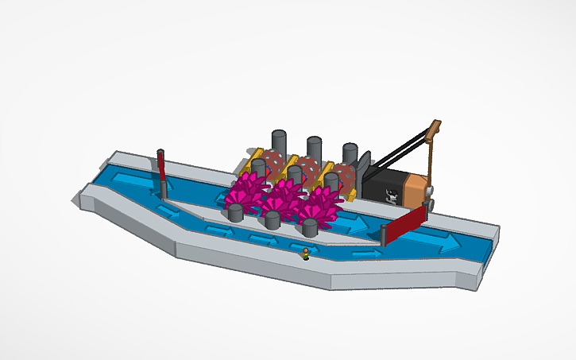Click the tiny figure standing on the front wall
(305, 254)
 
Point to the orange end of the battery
(416, 189)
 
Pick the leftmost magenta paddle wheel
(246, 191)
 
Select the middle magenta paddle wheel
(284, 196)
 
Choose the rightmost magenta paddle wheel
(321, 205)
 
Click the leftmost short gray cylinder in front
(235, 212)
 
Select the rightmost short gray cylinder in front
(310, 228)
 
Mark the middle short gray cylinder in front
(272, 220)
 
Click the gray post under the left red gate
(164, 188)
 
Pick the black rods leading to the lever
(397, 156)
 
